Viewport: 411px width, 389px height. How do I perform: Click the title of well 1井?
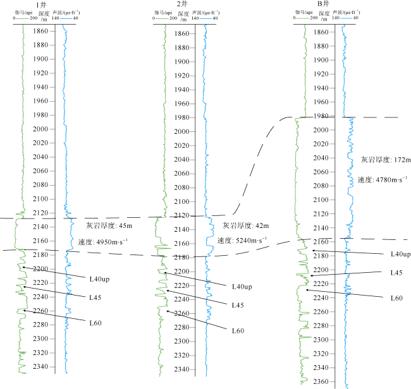[41, 5]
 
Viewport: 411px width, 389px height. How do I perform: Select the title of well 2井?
[182, 4]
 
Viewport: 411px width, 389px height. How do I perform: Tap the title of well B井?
[323, 4]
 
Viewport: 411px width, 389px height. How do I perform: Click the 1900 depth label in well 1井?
[40, 59]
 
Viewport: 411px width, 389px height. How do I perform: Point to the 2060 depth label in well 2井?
[181, 173]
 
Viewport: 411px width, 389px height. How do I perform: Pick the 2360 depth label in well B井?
[321, 381]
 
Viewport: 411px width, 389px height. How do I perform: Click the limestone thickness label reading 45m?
[109, 225]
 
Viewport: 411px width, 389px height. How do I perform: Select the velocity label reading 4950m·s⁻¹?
[102, 242]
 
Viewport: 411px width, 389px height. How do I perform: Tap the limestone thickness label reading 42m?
[245, 225]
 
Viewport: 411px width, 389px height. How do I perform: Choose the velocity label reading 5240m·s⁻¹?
[242, 241]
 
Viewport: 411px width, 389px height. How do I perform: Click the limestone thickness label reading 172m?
[386, 160]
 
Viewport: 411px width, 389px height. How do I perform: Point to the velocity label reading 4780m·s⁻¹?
[383, 179]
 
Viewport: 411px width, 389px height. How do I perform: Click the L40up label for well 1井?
[99, 279]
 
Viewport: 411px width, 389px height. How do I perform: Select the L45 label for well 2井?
[238, 305]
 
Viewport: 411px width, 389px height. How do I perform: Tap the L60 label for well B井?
[396, 298]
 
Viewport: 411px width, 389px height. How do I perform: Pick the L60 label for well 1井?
[95, 323]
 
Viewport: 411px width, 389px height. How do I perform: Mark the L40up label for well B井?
[400, 254]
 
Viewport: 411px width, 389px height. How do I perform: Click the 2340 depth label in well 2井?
[181, 369]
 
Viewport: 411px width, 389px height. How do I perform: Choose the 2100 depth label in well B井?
[321, 200]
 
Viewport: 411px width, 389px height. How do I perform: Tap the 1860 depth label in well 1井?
[40, 31]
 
